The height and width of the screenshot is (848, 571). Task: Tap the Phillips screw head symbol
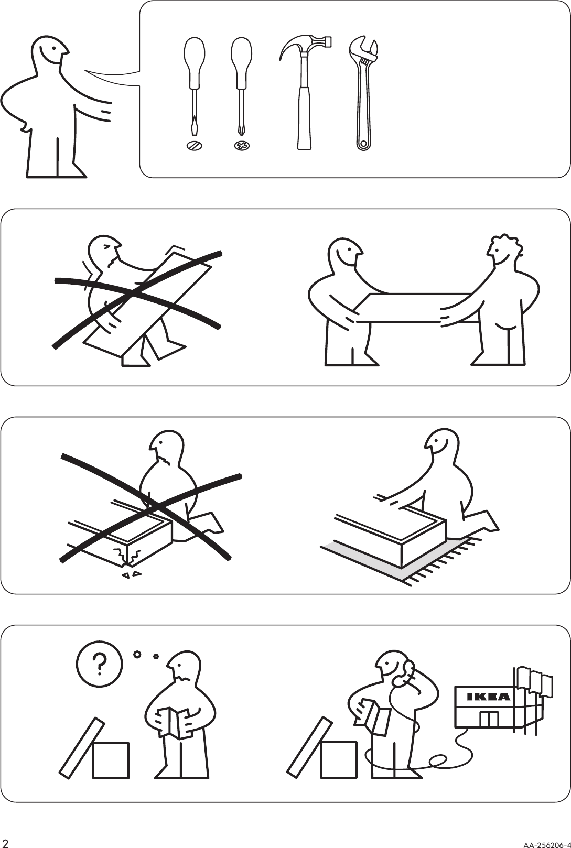(241, 146)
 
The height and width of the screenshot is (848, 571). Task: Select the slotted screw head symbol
(194, 146)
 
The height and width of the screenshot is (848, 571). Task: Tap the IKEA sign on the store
(488, 697)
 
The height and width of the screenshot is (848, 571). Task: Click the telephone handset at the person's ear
(406, 673)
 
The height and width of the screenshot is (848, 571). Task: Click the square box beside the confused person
(111, 759)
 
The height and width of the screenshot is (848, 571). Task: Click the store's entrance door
(489, 719)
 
